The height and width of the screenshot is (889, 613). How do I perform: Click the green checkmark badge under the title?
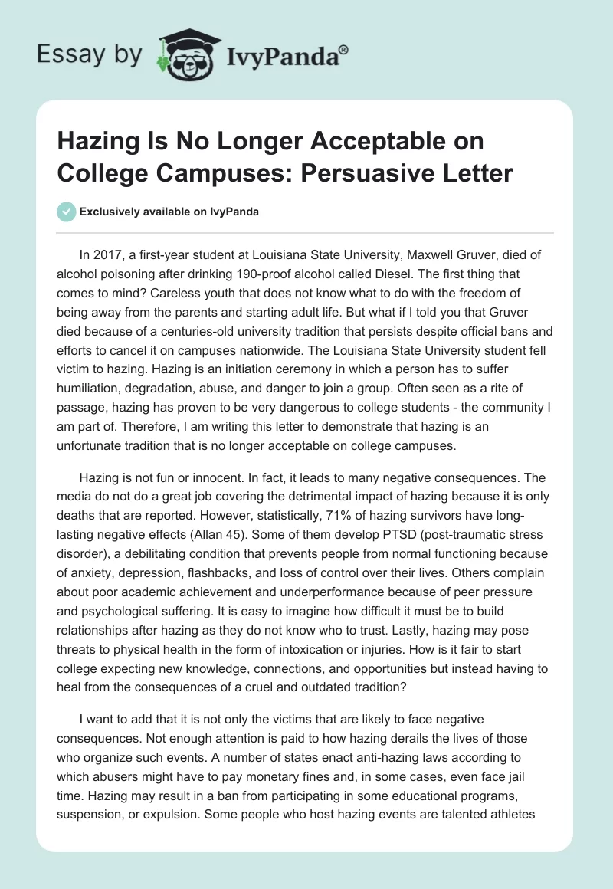[67, 212]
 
